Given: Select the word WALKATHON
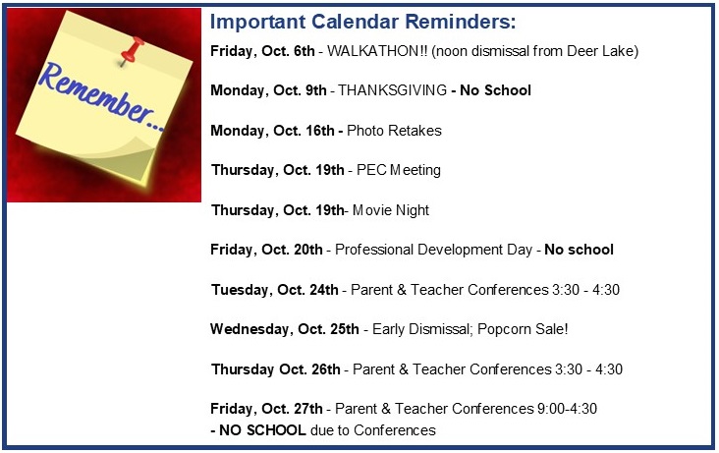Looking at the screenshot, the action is (x=372, y=51).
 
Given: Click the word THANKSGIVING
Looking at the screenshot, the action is (x=393, y=90).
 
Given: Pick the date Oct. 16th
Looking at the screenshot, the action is (x=304, y=131).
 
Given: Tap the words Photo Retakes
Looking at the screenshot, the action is (x=394, y=131).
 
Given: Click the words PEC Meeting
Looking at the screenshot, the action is (x=399, y=170).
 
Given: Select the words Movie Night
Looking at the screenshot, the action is (x=391, y=210).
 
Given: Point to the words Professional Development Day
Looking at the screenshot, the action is (x=433, y=250).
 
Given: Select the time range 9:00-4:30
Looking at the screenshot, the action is (x=567, y=409).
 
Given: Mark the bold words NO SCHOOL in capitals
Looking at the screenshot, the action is (x=262, y=430).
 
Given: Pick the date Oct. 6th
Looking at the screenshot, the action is (x=288, y=51).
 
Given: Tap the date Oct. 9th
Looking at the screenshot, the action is (x=300, y=90).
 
